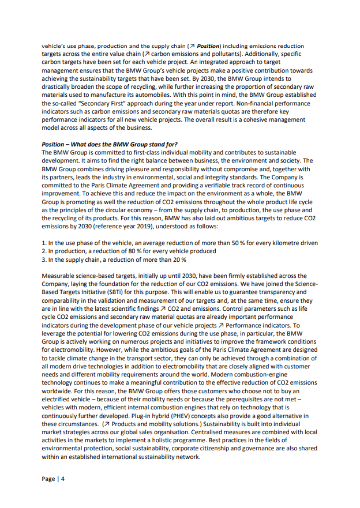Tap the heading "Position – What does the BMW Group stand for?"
(x=110, y=144)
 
